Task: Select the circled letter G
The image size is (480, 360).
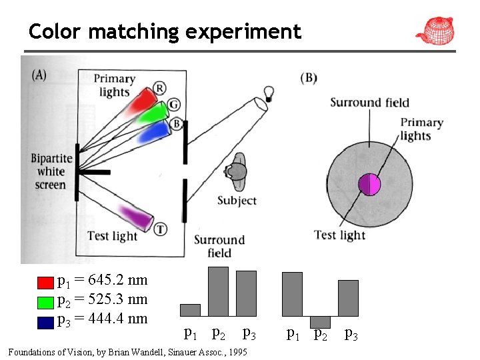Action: (173, 105)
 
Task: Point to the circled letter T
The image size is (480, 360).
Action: (161, 229)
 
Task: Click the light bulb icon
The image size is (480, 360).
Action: (269, 93)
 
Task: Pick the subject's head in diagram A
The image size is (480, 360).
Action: (235, 171)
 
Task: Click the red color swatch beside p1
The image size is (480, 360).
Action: (45, 282)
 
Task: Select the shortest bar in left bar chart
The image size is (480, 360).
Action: (190, 310)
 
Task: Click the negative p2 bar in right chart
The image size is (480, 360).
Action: (320, 322)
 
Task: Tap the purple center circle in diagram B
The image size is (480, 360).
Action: (369, 184)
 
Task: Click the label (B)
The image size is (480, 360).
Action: (309, 78)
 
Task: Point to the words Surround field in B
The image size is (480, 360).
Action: (369, 103)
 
